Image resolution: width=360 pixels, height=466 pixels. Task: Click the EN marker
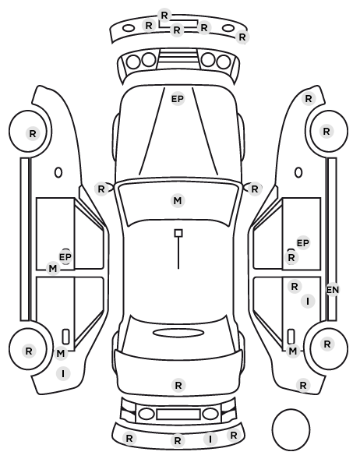333,289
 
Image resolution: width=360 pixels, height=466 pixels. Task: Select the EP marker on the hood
178,99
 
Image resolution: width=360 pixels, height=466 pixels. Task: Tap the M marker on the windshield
178,200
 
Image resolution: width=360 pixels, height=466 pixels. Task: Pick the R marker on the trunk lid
178,386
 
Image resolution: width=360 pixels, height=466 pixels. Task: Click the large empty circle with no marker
291,429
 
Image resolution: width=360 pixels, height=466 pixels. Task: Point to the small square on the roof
178,233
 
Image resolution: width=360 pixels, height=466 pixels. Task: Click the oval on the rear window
178,333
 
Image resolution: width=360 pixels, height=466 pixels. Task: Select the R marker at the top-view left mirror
101,189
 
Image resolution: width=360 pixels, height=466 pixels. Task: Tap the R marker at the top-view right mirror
255,189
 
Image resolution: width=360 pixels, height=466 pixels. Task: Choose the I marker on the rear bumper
210,439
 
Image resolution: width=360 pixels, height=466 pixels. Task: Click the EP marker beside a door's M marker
65,257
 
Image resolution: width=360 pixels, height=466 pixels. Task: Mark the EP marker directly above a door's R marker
303,243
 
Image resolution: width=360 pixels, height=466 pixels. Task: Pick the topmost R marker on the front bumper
164,15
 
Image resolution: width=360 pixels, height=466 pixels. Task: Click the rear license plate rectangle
178,415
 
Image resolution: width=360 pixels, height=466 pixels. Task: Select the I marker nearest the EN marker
308,302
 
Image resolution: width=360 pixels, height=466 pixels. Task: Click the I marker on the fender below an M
63,373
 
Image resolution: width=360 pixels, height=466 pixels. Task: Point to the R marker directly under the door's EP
291,257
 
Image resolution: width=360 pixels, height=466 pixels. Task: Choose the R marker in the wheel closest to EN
327,344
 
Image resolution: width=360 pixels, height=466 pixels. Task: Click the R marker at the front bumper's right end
242,37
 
